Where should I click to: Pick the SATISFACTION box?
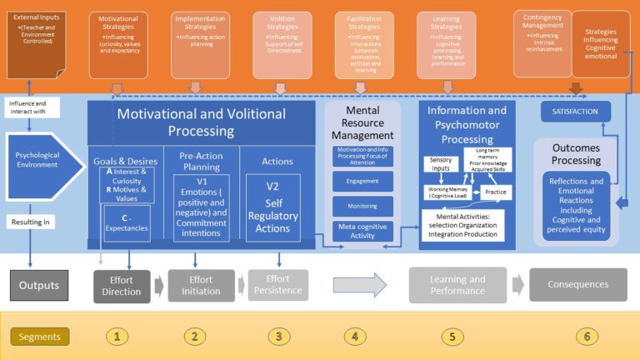click(x=576, y=112)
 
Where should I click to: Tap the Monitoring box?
click(x=362, y=206)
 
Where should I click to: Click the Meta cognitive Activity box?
click(x=362, y=231)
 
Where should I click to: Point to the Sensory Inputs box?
click(x=441, y=164)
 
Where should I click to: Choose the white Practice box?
click(x=497, y=192)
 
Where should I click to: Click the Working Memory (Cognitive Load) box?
click(x=447, y=192)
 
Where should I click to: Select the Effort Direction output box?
click(x=122, y=285)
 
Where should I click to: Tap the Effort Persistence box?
click(x=277, y=285)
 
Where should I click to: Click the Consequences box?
click(x=577, y=284)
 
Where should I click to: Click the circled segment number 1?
click(x=117, y=337)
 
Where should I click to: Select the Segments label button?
click(x=40, y=337)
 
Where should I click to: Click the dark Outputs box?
click(x=39, y=285)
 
